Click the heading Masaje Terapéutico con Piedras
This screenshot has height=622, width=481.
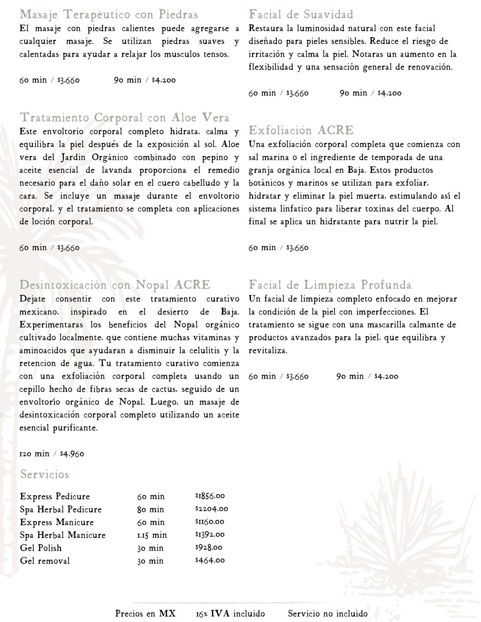[x=109, y=15]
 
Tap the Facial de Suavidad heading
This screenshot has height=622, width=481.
[x=301, y=14]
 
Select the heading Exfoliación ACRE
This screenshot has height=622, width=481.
[x=301, y=130]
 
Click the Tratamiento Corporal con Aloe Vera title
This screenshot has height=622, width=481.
[x=124, y=118]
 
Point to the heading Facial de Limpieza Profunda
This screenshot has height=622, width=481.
[x=330, y=285]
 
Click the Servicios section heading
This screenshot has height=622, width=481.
[x=45, y=475]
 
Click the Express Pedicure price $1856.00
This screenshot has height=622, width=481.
[x=210, y=496]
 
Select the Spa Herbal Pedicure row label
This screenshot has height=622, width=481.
[x=61, y=509]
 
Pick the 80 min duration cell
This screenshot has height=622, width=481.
[x=151, y=509]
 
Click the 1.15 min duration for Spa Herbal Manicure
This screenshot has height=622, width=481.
[x=152, y=535]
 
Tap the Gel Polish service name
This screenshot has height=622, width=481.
[x=41, y=548]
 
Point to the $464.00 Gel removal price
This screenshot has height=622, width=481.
[x=210, y=561]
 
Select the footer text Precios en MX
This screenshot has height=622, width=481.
[x=145, y=613]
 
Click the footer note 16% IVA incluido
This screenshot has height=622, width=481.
[x=230, y=613]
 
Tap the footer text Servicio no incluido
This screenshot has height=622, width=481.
[x=328, y=613]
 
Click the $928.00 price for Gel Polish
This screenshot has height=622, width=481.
[x=209, y=547]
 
